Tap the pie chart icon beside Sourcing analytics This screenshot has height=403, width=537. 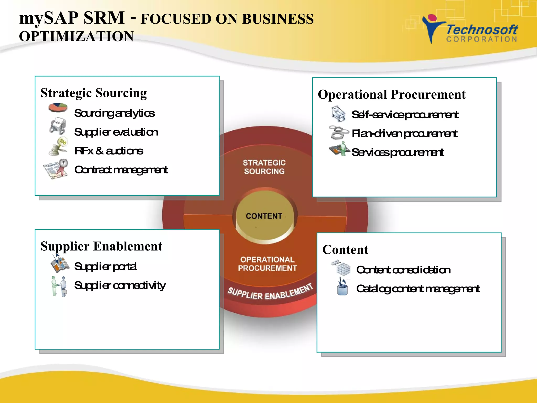pos(58,108)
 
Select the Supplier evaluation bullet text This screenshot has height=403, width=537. pos(116,132)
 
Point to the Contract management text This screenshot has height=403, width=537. pos(121,170)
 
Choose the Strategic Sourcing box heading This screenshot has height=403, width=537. pos(94,93)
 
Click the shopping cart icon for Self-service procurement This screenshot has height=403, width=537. pos(338,114)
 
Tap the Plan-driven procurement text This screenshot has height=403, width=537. pos(405,134)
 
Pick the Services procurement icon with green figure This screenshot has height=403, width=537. pos(340,149)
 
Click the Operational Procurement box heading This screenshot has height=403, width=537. pos(392,94)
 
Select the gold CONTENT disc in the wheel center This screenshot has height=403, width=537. pos(264,216)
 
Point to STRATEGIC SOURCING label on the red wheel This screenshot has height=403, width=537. pos(264,167)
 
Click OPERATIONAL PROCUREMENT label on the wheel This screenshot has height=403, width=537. pos(267,264)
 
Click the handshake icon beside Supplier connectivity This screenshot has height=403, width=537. pos(59,286)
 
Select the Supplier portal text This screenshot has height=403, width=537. pos(105,266)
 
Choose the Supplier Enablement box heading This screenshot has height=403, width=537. pos(101,246)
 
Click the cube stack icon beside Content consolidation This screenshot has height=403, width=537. pos(341,267)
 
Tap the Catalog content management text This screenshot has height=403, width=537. pos(418,289)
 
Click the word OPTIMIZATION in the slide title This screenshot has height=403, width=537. pos(76,36)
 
